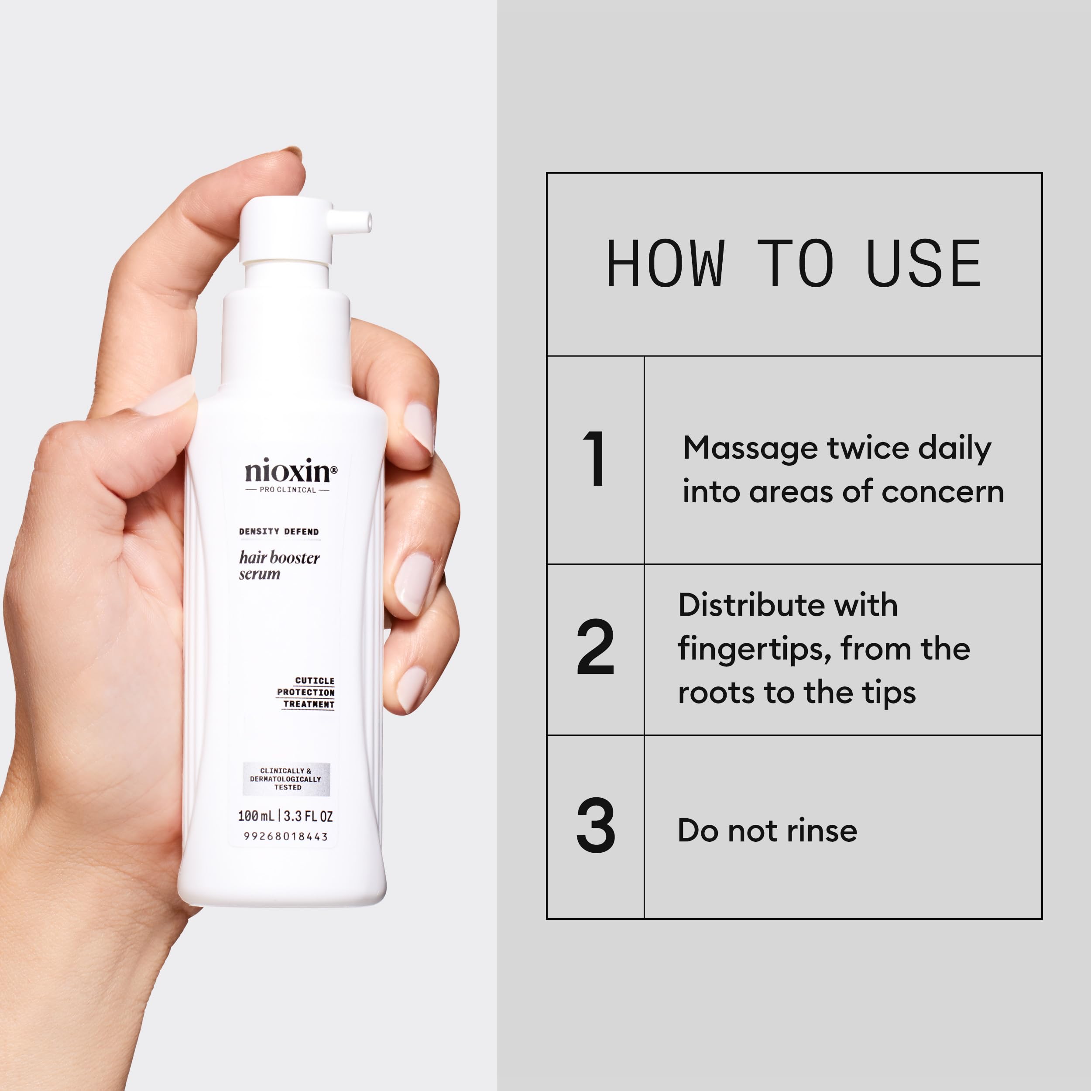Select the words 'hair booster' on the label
point(279,558)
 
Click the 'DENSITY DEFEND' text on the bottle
point(278,532)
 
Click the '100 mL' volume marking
point(255,816)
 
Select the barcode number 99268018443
point(286,836)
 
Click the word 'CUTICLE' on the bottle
point(315,681)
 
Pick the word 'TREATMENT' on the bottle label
point(309,704)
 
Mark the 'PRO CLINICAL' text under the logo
point(288,490)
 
